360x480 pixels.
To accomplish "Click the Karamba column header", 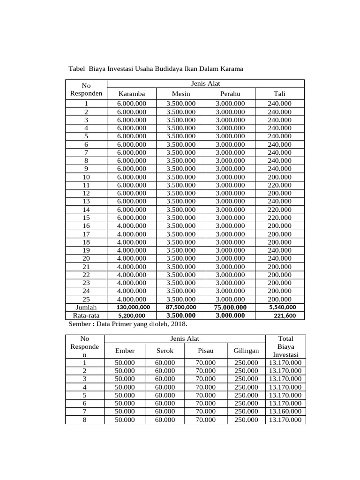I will (x=132, y=94).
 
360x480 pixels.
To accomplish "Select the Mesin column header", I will (x=181, y=94).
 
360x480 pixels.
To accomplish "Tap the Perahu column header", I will (x=230, y=94).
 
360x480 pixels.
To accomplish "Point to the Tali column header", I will (x=280, y=94).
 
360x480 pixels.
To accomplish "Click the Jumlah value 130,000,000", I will (x=133, y=307).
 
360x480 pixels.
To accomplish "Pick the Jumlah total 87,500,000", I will (x=181, y=307).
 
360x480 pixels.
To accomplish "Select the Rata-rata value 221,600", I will (x=285, y=315).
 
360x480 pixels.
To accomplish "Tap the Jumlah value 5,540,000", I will (x=282, y=307).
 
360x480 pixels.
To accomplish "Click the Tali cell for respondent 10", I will (x=280, y=177).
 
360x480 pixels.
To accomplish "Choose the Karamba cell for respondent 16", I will (x=132, y=226).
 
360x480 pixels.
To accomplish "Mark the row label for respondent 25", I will (x=86, y=299).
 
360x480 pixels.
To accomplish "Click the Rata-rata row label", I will (x=86, y=315).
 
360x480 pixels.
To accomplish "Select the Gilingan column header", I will (x=246, y=351).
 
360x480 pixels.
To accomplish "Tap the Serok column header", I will (x=165, y=351).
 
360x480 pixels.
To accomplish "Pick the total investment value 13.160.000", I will (x=285, y=412).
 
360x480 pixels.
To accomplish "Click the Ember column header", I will (x=125, y=351).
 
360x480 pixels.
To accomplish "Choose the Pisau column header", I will (x=206, y=351).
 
